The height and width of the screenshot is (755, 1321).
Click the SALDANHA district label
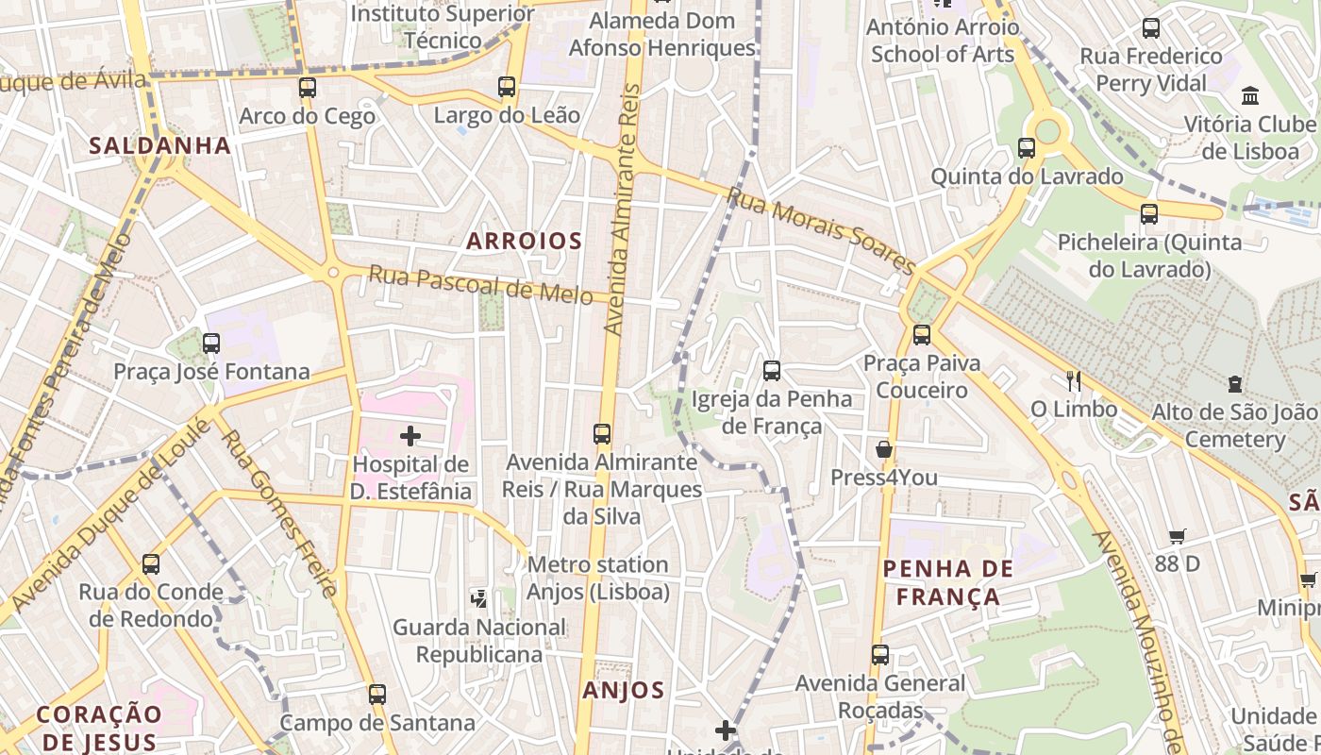[159, 145]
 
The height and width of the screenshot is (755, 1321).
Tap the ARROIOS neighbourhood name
[525, 241]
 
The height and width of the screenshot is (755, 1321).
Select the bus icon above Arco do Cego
[308, 88]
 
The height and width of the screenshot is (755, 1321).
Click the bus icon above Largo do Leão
[507, 88]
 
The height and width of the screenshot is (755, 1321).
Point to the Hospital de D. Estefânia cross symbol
[410, 436]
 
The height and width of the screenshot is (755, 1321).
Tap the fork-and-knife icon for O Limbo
[1073, 381]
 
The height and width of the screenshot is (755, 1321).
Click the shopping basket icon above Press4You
[884, 449]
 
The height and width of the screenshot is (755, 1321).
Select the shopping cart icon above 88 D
[1177, 536]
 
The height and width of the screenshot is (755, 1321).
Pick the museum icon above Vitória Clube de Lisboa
[1251, 95]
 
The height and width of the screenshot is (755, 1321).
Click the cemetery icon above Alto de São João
[1234, 384]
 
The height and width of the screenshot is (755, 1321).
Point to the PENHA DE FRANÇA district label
[948, 582]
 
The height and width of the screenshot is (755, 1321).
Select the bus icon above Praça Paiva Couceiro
[922, 335]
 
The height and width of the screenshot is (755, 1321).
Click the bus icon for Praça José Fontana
[211, 344]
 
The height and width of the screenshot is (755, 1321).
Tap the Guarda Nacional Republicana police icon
[479, 597]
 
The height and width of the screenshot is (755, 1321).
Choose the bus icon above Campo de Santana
[377, 695]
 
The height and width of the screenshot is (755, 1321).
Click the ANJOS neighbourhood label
[624, 690]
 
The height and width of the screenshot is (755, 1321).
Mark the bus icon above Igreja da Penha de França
[772, 371]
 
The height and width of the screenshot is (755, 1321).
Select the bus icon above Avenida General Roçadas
[880, 655]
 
